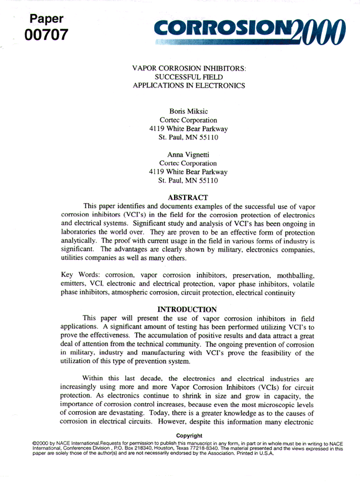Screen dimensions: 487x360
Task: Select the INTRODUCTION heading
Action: point(188,309)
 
